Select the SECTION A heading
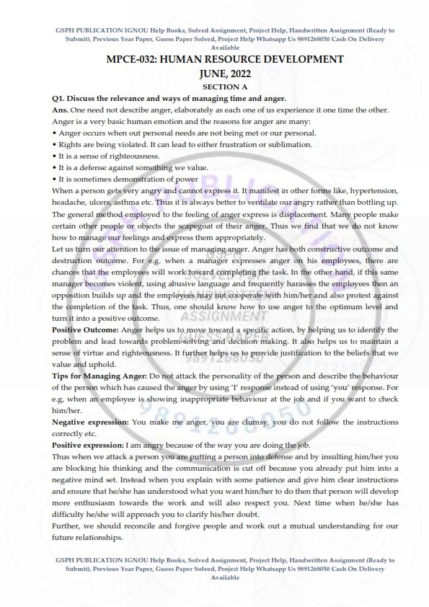click(214, 86)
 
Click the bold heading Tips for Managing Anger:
click(99, 376)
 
